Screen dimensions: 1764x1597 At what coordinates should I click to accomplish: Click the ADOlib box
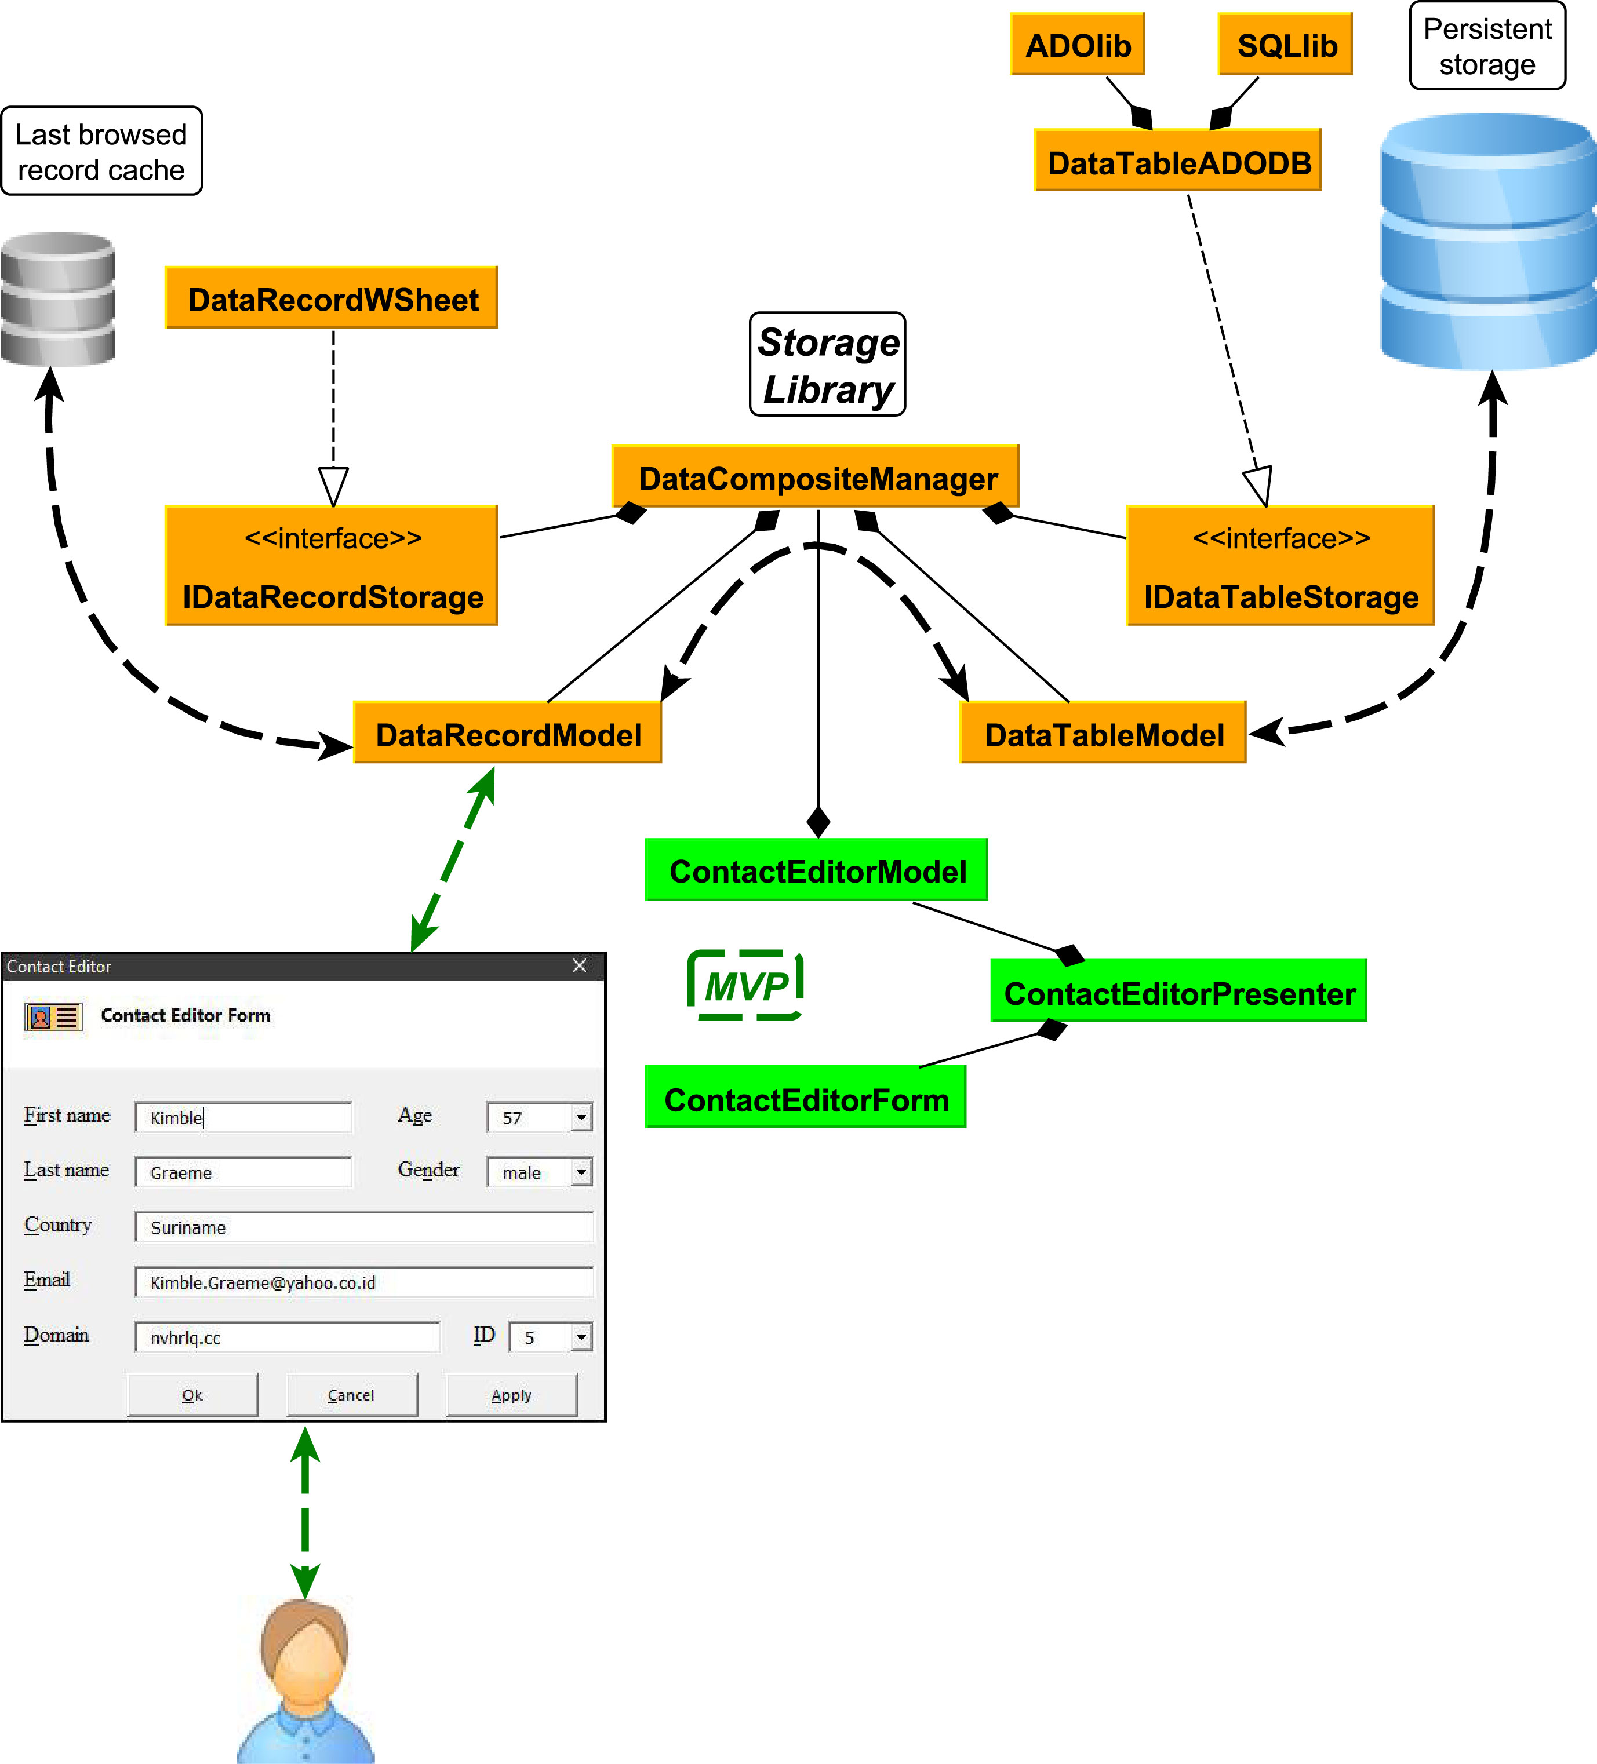(x=1077, y=45)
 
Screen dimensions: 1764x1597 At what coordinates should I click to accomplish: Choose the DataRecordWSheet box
(x=332, y=298)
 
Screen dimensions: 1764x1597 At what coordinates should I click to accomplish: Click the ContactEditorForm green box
(x=805, y=1098)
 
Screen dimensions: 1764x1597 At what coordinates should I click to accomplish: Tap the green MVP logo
(x=745, y=985)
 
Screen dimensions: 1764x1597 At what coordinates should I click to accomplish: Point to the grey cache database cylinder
(x=58, y=299)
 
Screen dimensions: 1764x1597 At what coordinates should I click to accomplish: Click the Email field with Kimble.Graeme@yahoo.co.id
(x=363, y=1282)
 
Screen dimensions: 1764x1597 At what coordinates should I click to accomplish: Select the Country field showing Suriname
(x=363, y=1227)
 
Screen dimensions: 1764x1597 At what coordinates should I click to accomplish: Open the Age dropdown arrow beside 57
(x=581, y=1117)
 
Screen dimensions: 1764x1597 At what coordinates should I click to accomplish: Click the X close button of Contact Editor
(x=579, y=965)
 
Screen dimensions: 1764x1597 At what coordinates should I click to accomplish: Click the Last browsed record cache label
(x=101, y=151)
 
